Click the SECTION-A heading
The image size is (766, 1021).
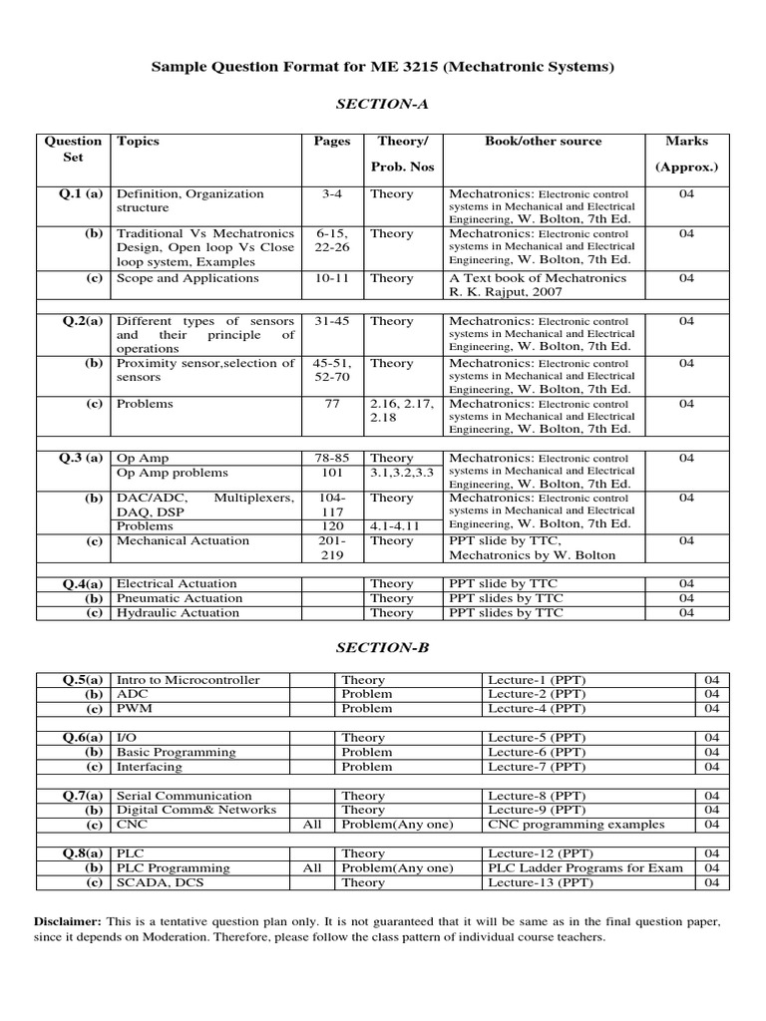(x=382, y=104)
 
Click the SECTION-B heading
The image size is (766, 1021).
(x=382, y=648)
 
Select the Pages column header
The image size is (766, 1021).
(x=332, y=142)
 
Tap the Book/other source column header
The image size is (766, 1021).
(x=543, y=142)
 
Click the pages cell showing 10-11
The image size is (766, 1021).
(x=331, y=278)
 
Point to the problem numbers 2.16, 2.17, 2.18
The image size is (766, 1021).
(x=403, y=411)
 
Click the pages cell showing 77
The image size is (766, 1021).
(x=331, y=404)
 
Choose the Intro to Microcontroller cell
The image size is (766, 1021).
(x=189, y=680)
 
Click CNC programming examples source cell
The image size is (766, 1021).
(x=574, y=825)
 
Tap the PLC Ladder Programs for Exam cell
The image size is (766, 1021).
(x=585, y=867)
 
